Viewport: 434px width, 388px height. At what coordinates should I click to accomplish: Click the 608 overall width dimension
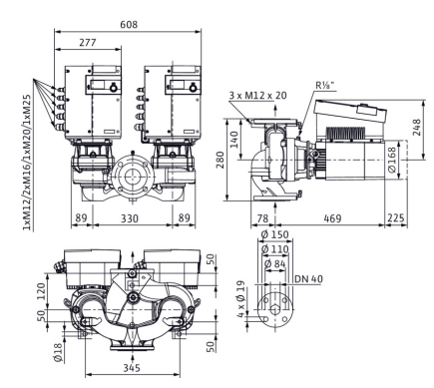(129, 25)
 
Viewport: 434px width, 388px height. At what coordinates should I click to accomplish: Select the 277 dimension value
(88, 43)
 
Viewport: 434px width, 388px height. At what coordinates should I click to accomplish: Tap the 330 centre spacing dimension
(129, 218)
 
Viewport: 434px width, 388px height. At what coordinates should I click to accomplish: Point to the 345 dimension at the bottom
(132, 368)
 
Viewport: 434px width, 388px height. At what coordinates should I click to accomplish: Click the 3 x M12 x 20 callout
(257, 96)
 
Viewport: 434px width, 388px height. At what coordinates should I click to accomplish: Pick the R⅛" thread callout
(325, 85)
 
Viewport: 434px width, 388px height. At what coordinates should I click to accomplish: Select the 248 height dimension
(416, 127)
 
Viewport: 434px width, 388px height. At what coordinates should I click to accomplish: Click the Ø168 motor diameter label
(392, 160)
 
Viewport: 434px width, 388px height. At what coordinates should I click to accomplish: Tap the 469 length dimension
(332, 218)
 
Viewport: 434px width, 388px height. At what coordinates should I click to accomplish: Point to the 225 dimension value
(396, 218)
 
